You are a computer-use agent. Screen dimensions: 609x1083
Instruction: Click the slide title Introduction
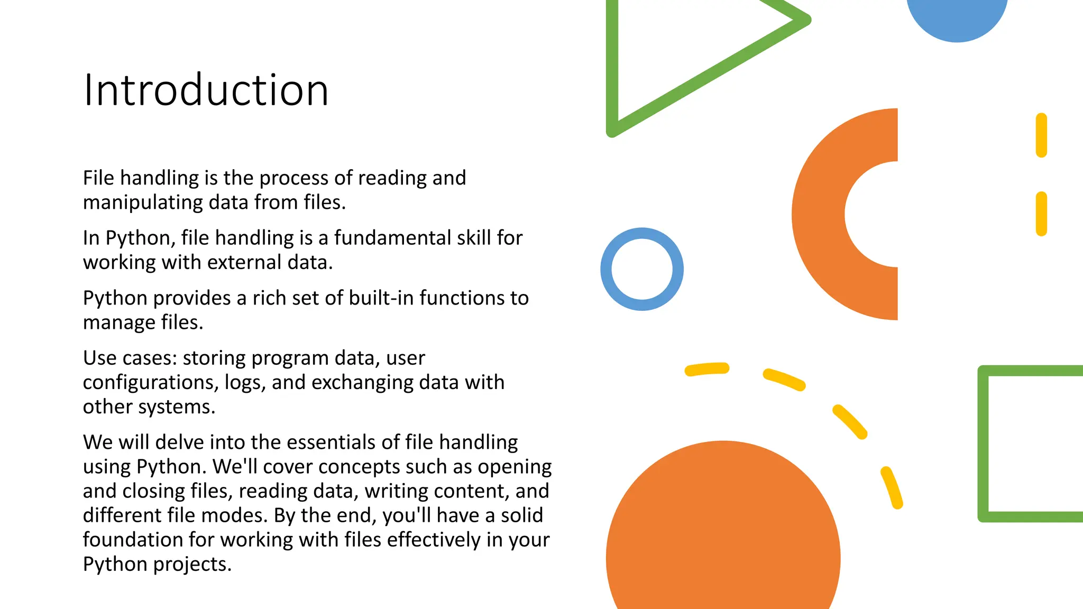pyautogui.click(x=206, y=90)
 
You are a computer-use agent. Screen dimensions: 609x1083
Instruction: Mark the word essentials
pyautogui.click(x=327, y=442)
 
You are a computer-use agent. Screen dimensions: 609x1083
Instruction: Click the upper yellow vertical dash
pyautogui.click(x=1041, y=135)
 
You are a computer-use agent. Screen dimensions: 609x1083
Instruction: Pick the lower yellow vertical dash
pyautogui.click(x=1041, y=214)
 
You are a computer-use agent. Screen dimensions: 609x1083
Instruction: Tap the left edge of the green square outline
pyautogui.click(x=983, y=444)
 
